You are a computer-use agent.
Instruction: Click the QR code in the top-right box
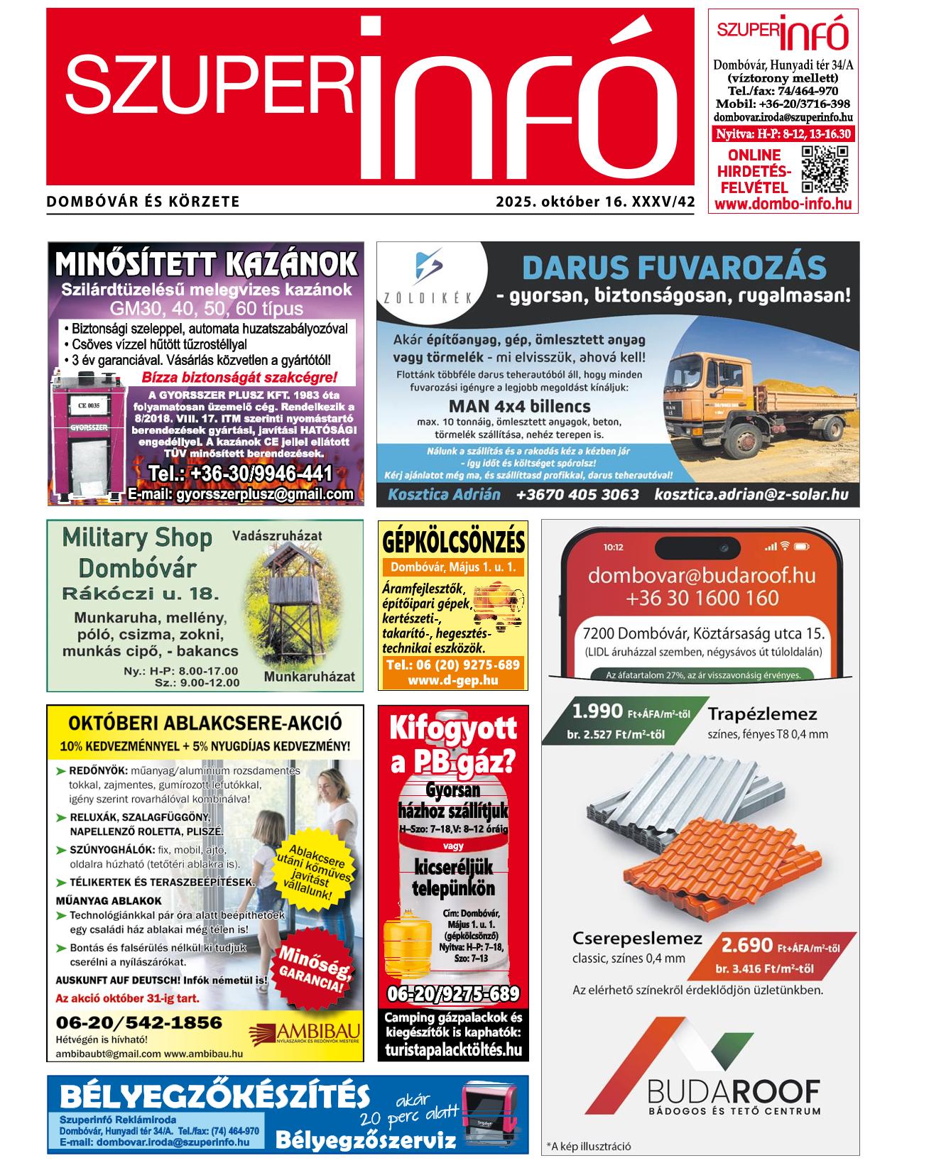point(825,170)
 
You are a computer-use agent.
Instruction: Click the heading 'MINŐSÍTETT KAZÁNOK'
point(206,264)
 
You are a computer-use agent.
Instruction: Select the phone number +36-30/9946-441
point(240,474)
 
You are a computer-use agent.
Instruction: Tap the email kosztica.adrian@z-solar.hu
point(751,494)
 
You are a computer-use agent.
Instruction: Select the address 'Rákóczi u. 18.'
point(140,594)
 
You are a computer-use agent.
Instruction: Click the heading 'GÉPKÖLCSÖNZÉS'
point(453,542)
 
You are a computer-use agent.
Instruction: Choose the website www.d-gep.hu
point(452,680)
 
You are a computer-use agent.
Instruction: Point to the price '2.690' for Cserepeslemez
point(746,946)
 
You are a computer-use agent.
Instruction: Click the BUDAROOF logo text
point(734,1091)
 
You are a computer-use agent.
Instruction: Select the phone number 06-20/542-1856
point(138,1022)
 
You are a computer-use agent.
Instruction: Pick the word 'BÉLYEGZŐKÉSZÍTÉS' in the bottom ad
point(215,1096)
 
